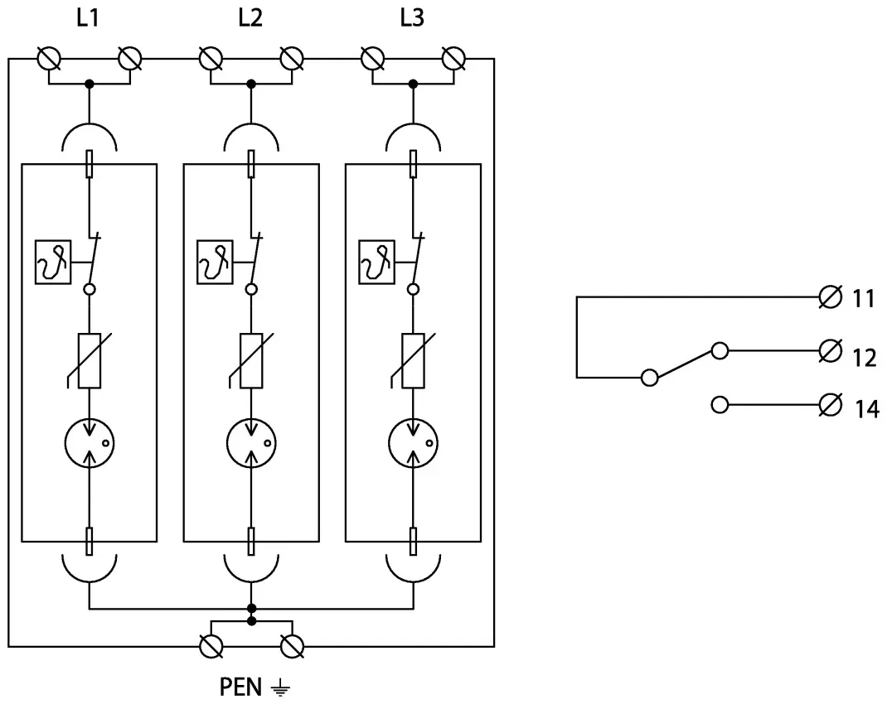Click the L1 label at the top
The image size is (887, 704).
pos(89,18)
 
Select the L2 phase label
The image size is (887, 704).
pos(250,18)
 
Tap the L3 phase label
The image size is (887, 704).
pos(412,18)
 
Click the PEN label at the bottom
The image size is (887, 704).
pos(241,687)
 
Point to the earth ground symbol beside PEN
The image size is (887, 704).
pos(282,687)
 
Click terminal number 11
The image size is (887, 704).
pos(864,298)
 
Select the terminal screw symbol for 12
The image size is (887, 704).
pos(828,351)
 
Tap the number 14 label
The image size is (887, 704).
pos(866,408)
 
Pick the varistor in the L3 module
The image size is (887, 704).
pos(412,360)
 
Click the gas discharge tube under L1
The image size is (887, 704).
pos(89,446)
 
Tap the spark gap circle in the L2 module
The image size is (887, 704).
pos(250,446)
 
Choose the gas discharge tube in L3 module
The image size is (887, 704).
pos(412,446)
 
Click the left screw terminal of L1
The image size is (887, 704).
pos(49,59)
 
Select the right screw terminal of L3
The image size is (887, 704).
pos(453,59)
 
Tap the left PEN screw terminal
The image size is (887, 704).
pos(211,646)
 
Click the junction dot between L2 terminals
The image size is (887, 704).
pos(250,84)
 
